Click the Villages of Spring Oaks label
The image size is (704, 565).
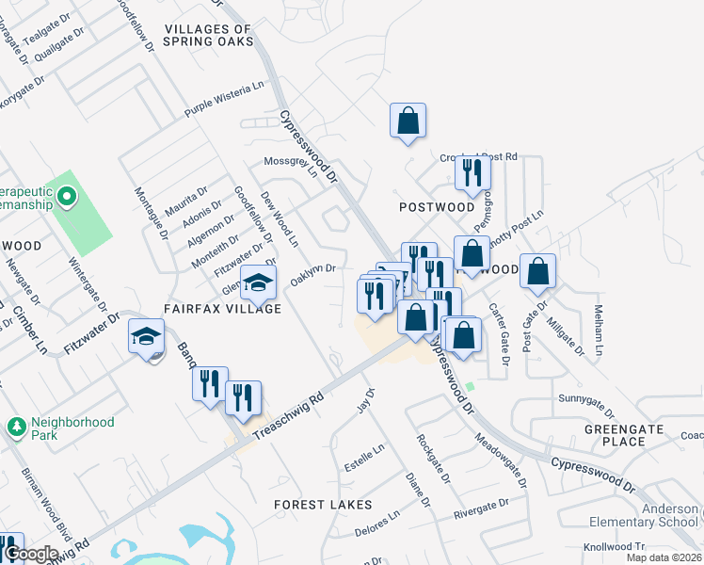[x=208, y=36]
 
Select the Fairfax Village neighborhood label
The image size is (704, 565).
[x=222, y=309]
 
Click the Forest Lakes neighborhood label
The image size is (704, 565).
[x=323, y=505]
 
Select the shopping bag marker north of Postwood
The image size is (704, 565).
[x=408, y=121]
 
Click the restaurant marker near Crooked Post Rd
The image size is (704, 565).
[x=469, y=173]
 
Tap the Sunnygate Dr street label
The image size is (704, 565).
[x=585, y=407]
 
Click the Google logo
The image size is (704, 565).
[x=31, y=555]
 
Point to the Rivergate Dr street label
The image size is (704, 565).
[x=480, y=509]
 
